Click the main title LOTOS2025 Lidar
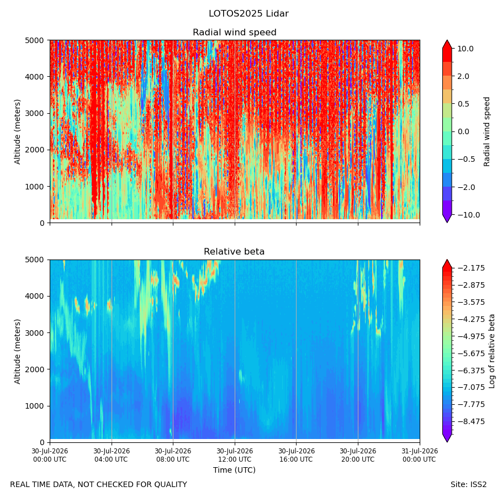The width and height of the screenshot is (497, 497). pos(248,14)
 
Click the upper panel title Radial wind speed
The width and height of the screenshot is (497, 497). pos(235,33)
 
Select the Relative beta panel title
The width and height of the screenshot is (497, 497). pos(234,251)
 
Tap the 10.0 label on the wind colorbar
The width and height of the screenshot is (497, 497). pos(466,49)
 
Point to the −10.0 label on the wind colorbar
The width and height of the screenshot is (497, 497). pos(468,215)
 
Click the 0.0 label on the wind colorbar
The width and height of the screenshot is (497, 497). pos(463,131)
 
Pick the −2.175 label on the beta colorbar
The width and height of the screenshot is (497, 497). pos(471,268)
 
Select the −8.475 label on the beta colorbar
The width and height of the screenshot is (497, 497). pos(471,421)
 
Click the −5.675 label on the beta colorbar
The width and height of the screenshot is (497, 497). pos(471,353)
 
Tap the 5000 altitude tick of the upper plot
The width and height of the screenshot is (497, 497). pos(35,40)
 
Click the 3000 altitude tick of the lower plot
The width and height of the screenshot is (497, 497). pos(35,333)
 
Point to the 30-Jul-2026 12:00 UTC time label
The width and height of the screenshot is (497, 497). pos(235,455)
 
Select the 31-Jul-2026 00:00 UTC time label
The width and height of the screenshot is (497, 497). pos(420,455)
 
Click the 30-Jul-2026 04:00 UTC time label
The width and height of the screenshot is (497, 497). pos(112,455)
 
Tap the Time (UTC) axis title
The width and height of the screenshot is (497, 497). pos(234,470)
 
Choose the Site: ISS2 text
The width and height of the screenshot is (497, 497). pos(468,485)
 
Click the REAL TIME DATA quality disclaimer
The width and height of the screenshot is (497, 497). pos(99,485)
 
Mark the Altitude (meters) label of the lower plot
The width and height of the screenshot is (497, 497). pos(17,351)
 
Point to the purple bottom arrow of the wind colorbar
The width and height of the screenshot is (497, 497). pos(447,218)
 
